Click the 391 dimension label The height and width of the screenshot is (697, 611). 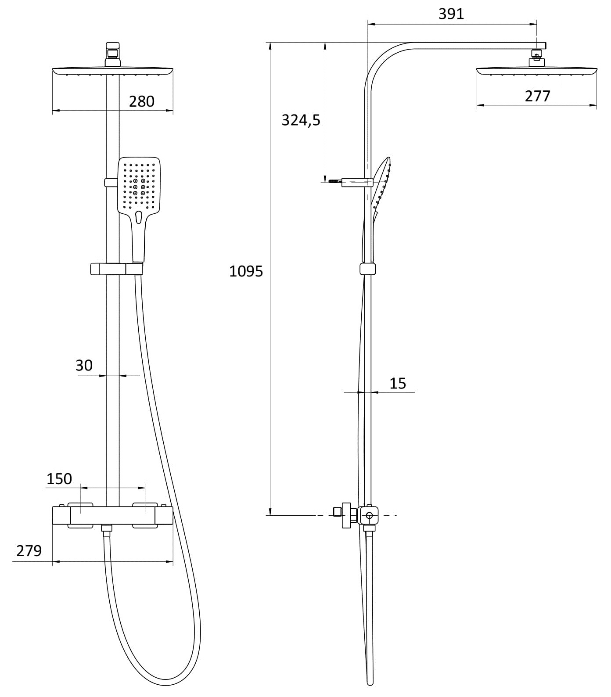point(451,14)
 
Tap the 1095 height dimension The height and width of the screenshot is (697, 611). point(246,271)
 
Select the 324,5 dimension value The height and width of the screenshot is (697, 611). point(301,120)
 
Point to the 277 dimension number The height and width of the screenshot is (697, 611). point(537,96)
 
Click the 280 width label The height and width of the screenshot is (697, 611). point(141,101)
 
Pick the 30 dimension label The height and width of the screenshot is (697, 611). point(84,365)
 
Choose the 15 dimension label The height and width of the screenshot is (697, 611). point(398,383)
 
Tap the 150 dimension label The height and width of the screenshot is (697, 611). point(59,479)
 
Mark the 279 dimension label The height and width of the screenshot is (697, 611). point(29,550)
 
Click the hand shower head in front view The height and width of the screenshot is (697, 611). point(139,184)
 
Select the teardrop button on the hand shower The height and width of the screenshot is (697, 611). point(139,216)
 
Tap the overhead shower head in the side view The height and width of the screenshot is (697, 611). point(536,70)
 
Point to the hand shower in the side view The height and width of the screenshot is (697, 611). point(381,184)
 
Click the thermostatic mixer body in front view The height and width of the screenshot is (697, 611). point(112,515)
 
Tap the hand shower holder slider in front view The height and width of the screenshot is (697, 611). point(117,269)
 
